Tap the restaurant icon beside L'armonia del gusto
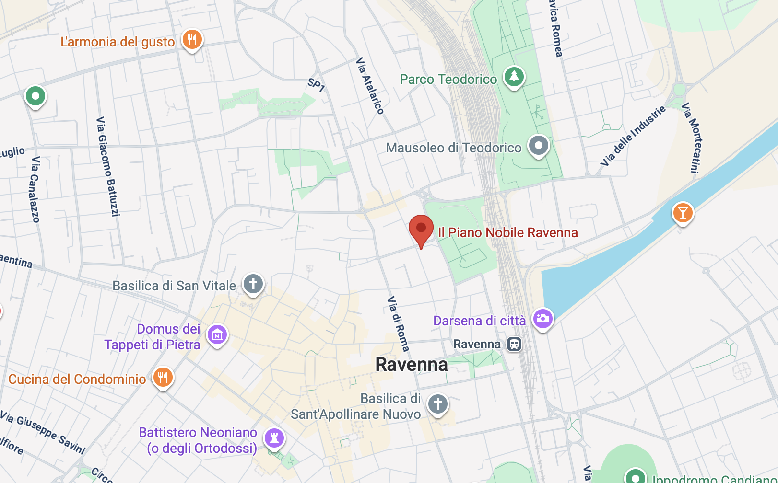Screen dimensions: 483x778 192,40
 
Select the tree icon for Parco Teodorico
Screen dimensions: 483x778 514,77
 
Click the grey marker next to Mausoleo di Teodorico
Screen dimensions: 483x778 538,145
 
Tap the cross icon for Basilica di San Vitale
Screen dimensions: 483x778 253,284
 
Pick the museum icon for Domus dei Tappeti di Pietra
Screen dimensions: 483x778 217,335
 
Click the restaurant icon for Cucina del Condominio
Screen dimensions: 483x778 163,378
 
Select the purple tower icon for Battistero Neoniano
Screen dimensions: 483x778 274,438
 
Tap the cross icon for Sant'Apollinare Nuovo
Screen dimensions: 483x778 438,404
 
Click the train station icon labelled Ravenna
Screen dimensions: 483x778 514,344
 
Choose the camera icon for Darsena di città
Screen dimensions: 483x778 543,319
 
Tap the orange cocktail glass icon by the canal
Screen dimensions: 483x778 683,212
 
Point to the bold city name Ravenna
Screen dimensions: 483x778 412,365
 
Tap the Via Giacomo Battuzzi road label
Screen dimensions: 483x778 108,166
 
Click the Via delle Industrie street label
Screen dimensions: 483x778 633,136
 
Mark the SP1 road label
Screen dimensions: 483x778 317,85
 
